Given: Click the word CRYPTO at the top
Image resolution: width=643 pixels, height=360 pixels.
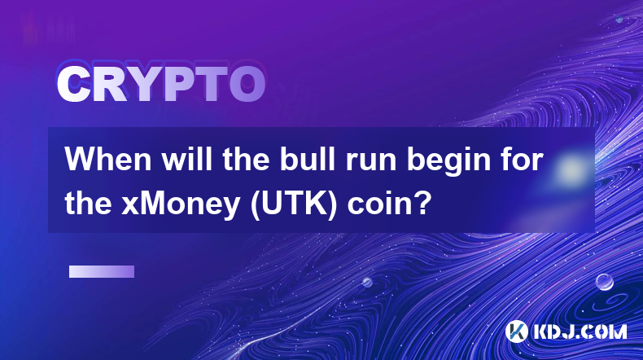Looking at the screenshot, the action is coord(161,84).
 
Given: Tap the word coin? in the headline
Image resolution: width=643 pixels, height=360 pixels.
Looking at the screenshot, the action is coord(390,203).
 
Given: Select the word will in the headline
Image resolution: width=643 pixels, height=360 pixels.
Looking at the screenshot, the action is coord(187,160).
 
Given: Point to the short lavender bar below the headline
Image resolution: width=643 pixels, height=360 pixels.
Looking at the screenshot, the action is coord(102,271).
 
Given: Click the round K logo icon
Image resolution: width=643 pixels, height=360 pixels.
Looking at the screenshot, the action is coord(517,331).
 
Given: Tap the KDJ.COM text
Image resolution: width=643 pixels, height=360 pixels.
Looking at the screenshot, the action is coord(580,331).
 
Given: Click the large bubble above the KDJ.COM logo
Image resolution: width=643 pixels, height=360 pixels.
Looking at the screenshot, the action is coord(605,282).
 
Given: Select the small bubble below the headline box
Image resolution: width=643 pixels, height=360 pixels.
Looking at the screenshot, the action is coord(367,282).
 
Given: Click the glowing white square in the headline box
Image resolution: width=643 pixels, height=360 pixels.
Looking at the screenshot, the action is coord(571,169).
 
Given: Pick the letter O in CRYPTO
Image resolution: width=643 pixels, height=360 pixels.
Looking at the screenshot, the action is coord(247,84).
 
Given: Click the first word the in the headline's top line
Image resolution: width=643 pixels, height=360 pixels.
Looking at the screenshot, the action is coord(246,160).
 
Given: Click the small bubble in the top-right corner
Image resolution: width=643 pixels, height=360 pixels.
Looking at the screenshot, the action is coord(619,19).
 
